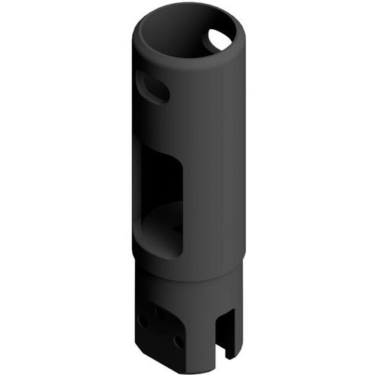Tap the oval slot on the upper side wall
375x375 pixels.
point(153,89)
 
